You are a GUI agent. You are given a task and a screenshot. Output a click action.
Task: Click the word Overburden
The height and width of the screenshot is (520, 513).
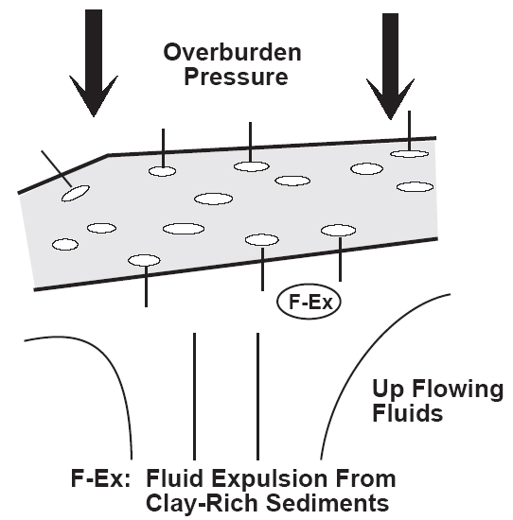[x=233, y=52]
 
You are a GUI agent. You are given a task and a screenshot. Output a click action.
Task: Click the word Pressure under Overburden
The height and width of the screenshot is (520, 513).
[x=236, y=77]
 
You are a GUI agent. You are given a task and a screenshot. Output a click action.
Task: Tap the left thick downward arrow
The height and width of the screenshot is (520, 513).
[x=94, y=63]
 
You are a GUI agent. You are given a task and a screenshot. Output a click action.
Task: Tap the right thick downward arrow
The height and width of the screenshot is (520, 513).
[x=391, y=66]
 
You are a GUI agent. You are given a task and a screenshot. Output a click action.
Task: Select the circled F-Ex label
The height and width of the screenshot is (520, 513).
[x=310, y=302]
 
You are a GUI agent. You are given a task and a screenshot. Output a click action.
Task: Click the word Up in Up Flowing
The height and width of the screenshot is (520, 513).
[x=388, y=390]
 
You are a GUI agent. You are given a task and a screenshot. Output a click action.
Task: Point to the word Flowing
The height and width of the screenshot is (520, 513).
[x=457, y=390]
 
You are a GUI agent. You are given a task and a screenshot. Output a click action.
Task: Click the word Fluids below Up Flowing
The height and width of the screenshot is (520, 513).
[x=407, y=413]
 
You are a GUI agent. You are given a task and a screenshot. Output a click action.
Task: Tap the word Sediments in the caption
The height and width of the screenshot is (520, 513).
[x=327, y=503]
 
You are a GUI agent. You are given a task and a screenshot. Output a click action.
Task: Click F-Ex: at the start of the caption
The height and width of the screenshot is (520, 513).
[x=100, y=477]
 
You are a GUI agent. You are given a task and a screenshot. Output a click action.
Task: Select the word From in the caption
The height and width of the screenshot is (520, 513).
[x=365, y=478]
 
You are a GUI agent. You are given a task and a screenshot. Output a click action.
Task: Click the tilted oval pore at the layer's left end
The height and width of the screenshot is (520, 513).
[x=76, y=193]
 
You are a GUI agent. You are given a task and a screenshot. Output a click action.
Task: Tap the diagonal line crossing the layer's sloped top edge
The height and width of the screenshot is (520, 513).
[x=57, y=168]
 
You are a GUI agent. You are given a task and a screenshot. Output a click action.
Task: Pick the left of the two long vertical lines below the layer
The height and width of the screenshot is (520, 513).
[x=195, y=396]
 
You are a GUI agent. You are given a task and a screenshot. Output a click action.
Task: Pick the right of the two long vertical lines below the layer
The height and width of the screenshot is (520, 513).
[x=258, y=396]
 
